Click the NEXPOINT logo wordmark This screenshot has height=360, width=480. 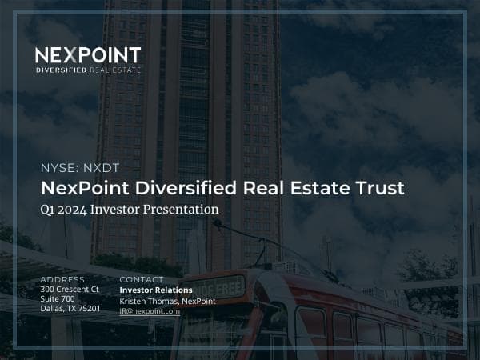tap(88, 56)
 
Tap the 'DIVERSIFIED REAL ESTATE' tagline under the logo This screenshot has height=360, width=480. tap(88, 71)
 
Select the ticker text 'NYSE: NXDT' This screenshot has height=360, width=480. tap(74, 168)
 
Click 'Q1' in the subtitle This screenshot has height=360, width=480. tap(47, 210)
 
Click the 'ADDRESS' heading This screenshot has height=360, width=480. tap(62, 279)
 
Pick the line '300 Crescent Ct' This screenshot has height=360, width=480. tap(70, 289)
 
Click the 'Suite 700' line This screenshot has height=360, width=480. tap(57, 298)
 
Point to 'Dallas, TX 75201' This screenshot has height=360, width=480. tap(70, 308)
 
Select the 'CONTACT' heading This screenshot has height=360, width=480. tap(142, 279)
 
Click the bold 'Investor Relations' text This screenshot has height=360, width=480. tap(156, 290)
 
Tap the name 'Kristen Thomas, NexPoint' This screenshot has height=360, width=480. tap(167, 300)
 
